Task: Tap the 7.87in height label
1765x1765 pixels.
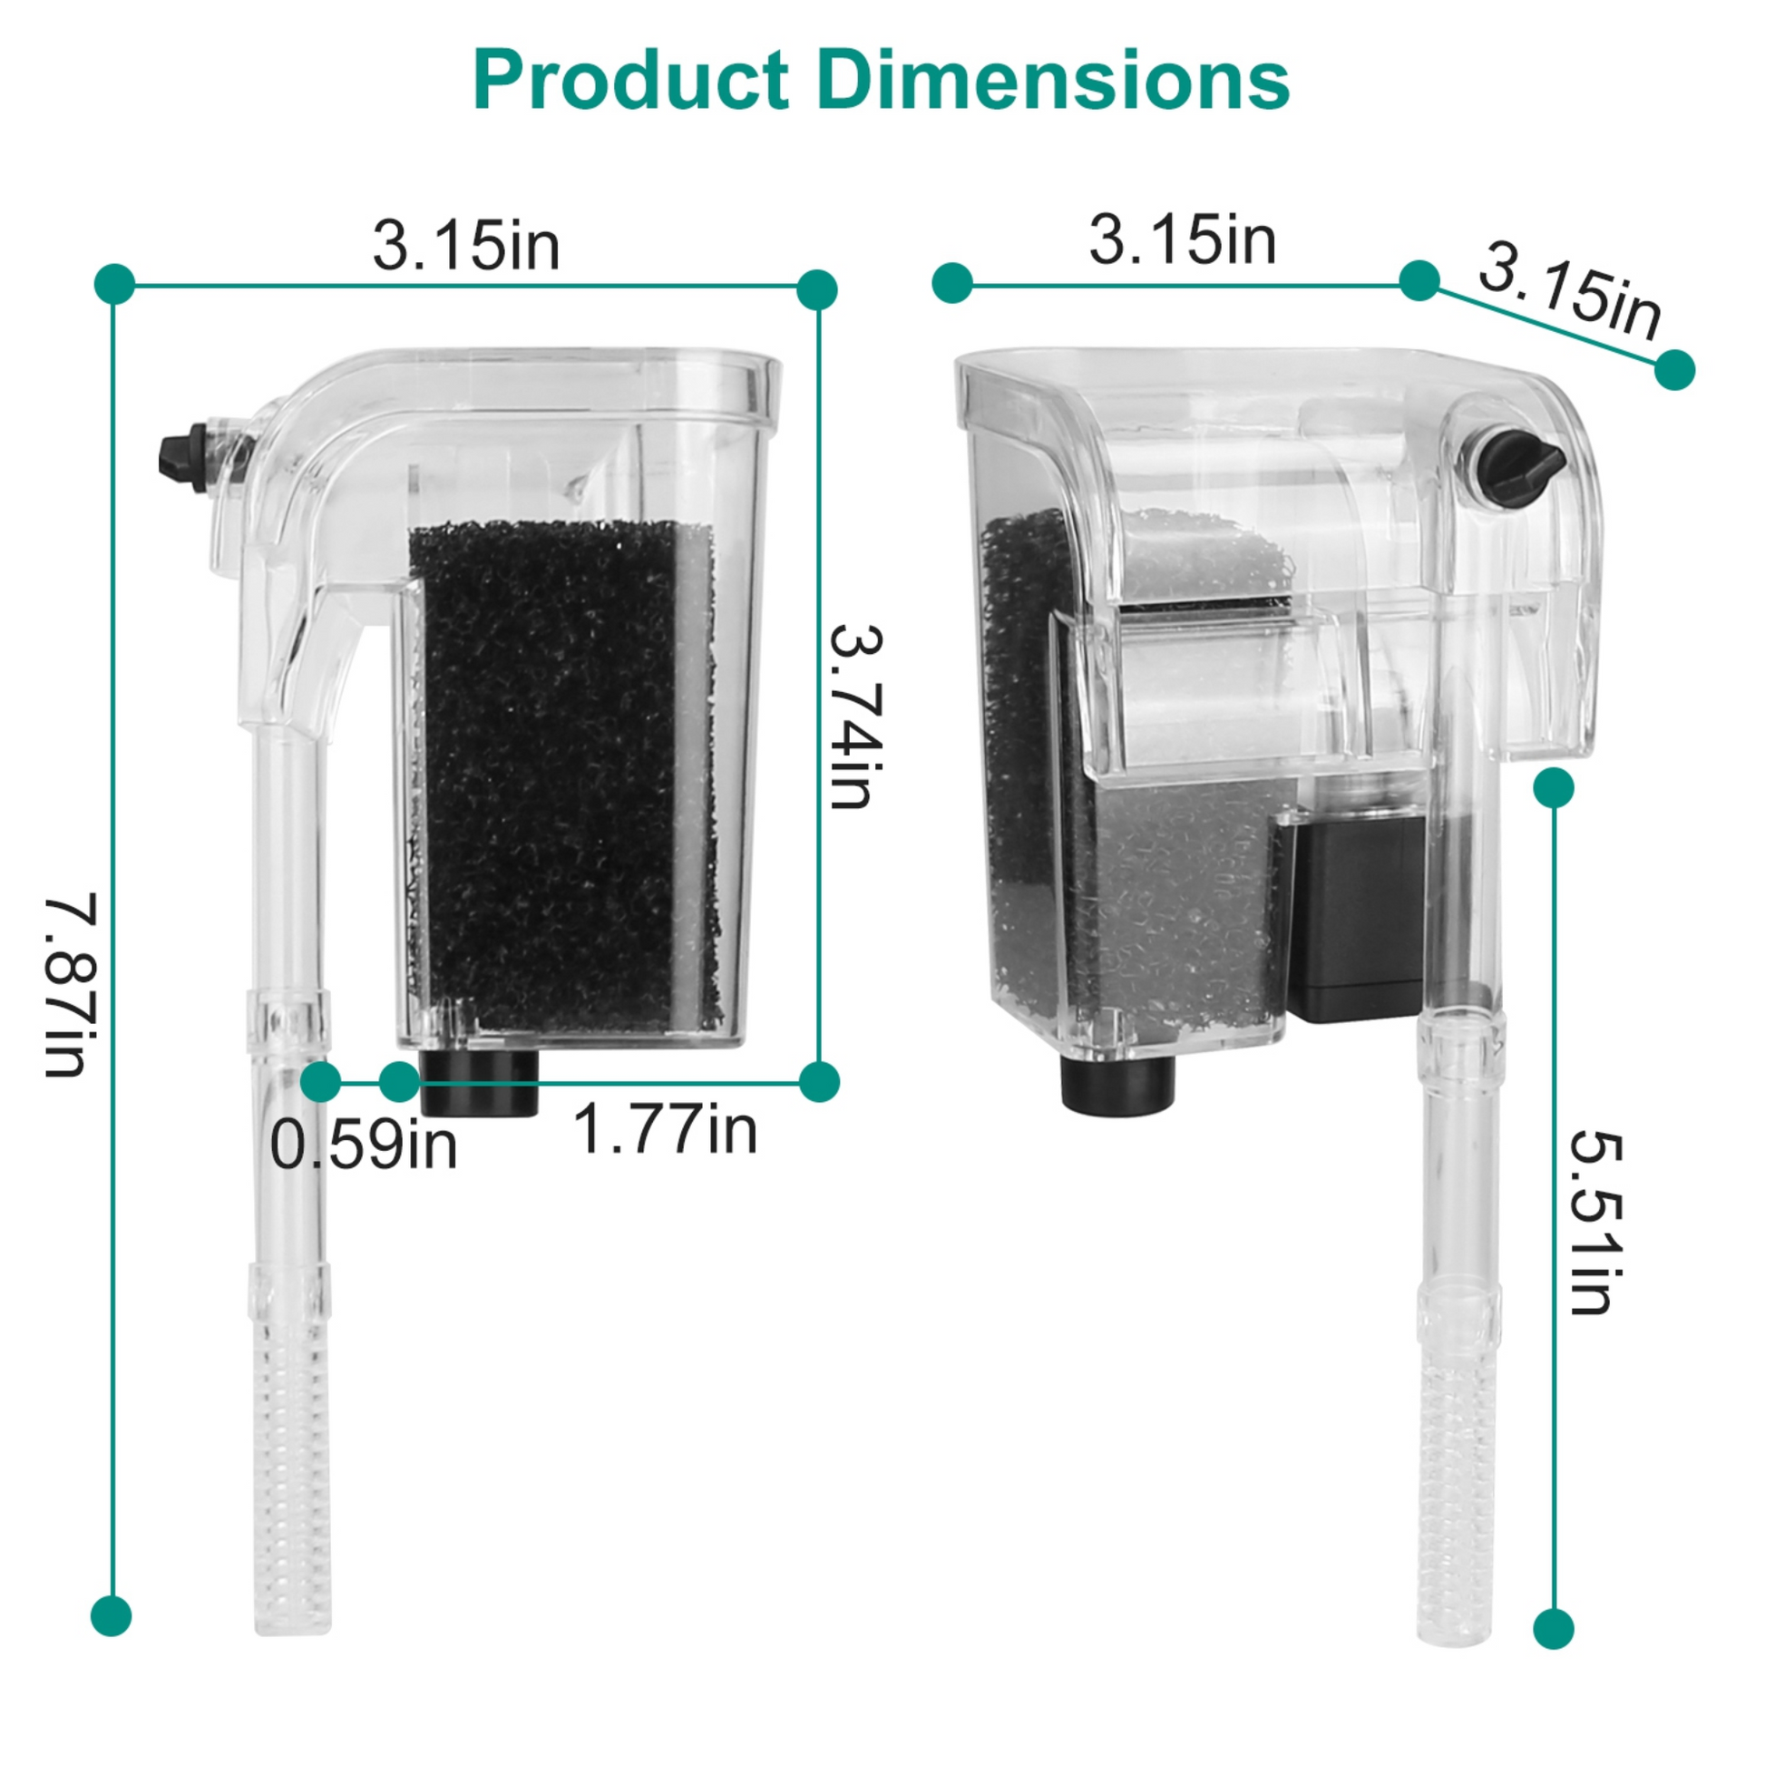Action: point(72,986)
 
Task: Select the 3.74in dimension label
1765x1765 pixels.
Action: point(856,717)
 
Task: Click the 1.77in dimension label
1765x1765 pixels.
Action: point(665,1130)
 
